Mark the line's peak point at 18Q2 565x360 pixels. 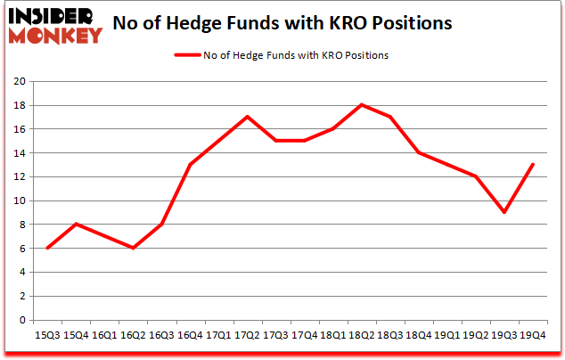(x=361, y=105)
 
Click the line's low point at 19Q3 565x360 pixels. (x=504, y=212)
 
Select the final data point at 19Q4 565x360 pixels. (x=532, y=165)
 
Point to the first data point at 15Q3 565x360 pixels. (x=47, y=248)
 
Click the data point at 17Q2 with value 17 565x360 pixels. (x=247, y=117)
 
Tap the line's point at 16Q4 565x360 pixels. (x=190, y=165)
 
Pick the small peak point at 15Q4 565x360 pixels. (x=76, y=225)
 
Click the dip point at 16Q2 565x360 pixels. (x=133, y=248)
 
